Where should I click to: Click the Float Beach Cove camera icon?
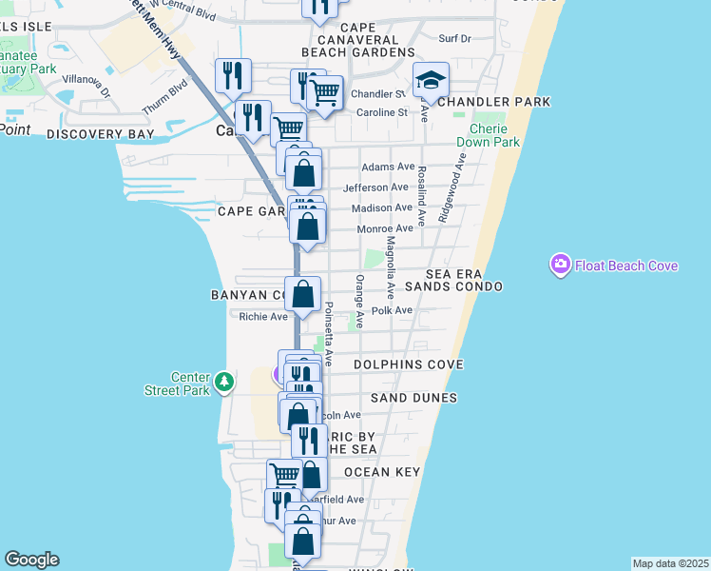coord(560,264)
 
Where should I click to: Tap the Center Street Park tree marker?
coord(223,382)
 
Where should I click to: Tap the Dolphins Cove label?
coord(408,364)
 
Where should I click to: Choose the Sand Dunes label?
coord(413,397)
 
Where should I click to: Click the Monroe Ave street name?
coord(385,228)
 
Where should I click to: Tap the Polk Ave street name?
coord(393,310)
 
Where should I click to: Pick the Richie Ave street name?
coord(263,317)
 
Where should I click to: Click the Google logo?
coord(31,560)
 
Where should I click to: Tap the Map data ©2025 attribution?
coord(670,563)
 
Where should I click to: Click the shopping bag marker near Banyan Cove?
coord(303,295)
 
